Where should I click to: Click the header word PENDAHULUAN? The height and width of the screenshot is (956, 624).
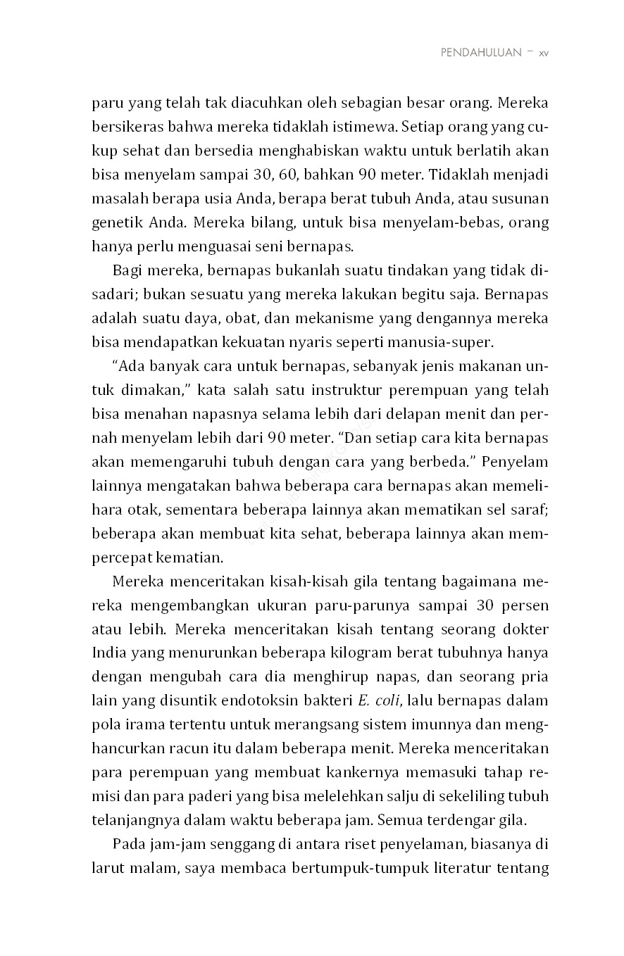click(481, 53)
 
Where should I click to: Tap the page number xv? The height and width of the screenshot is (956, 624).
click(543, 53)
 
